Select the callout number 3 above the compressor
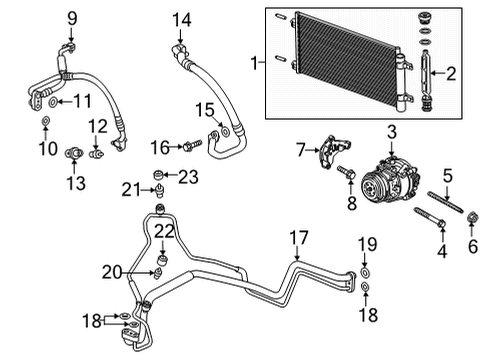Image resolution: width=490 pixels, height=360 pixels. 393,132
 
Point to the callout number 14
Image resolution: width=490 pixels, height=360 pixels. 180,18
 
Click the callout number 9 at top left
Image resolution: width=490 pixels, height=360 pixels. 71,16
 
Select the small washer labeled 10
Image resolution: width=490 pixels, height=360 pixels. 46,123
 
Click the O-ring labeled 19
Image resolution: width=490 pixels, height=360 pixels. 367,269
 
